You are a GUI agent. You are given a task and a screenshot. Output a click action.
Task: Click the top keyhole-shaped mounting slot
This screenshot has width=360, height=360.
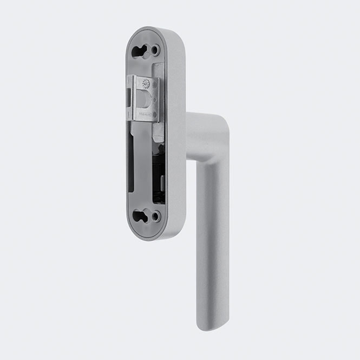(x=140, y=52)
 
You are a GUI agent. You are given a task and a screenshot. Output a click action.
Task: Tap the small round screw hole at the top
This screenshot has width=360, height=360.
(x=155, y=50)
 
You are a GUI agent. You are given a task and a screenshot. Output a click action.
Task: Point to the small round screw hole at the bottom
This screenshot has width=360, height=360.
(x=155, y=216)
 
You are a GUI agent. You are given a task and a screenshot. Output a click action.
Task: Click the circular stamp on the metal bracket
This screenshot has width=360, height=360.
(x=145, y=83)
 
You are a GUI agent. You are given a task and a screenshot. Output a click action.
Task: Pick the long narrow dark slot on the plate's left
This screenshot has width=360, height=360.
(x=131, y=162)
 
